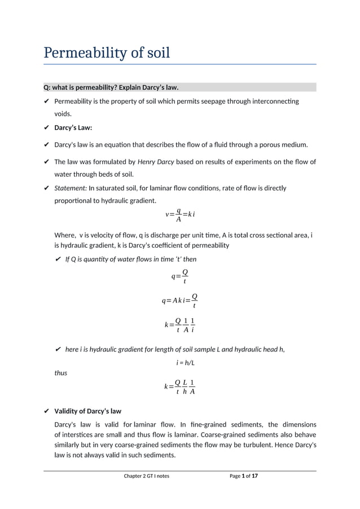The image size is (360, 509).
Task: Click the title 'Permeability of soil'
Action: pyautogui.click(x=107, y=54)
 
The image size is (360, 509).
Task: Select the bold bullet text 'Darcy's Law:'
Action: pyautogui.click(x=73, y=128)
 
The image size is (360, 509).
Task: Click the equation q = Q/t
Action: pyautogui.click(x=179, y=276)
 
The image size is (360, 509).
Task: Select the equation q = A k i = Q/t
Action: pyautogui.click(x=179, y=301)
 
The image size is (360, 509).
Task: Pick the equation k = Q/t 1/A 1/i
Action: pyautogui.click(x=179, y=325)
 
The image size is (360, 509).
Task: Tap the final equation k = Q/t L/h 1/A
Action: pyautogui.click(x=179, y=387)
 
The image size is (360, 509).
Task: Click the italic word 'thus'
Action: pyautogui.click(x=60, y=373)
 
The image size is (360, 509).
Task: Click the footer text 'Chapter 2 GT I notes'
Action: pyautogui.click(x=146, y=476)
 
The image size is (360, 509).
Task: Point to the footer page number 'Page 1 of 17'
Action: pyautogui.click(x=244, y=476)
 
